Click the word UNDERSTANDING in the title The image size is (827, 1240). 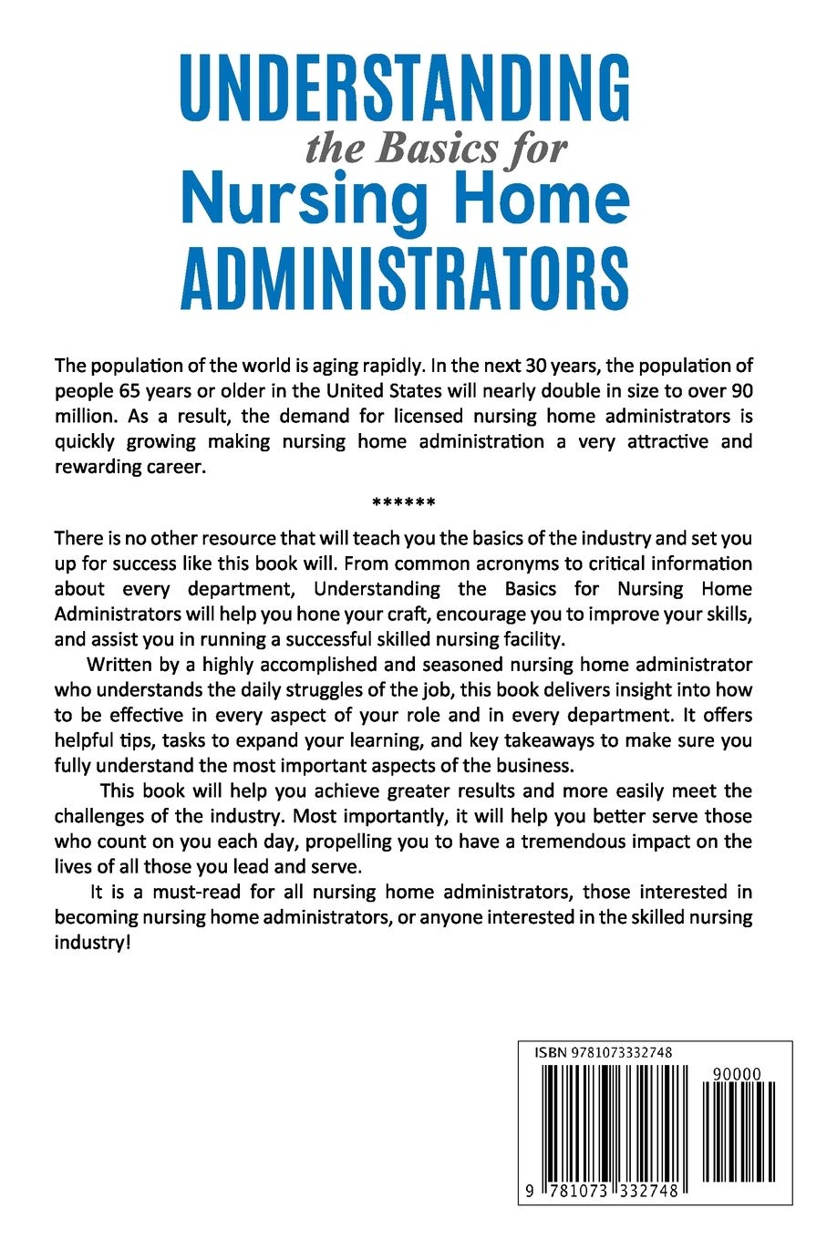pyautogui.click(x=404, y=87)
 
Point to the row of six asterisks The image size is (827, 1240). pyautogui.click(x=404, y=502)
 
